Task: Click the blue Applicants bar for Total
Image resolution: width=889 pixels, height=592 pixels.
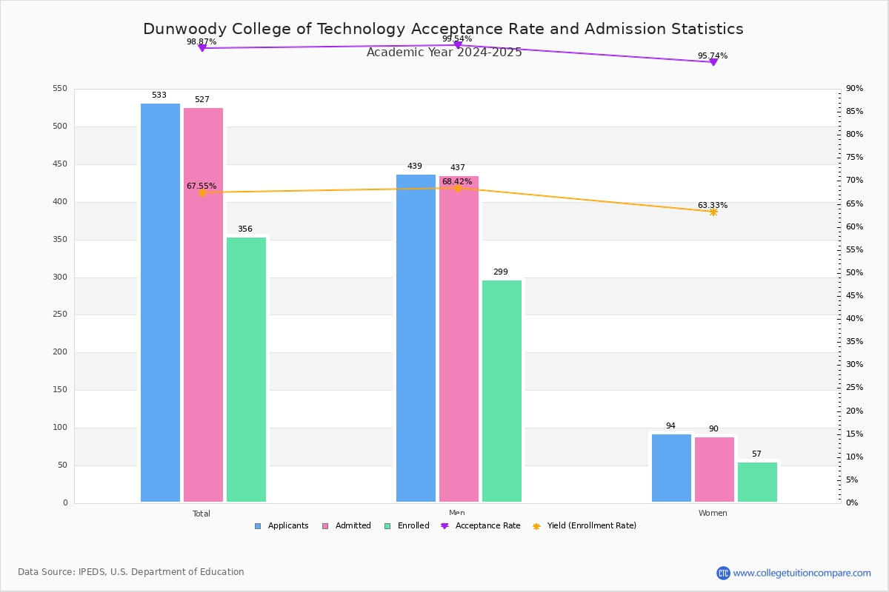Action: [160, 303]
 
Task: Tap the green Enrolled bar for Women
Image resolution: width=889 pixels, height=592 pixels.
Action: [757, 482]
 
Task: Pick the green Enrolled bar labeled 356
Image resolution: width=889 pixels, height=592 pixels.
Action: [246, 369]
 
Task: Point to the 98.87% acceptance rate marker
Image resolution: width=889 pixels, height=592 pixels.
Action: [202, 48]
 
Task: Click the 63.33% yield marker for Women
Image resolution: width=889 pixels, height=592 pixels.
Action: [713, 212]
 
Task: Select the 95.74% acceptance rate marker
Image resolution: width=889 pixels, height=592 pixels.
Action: [713, 62]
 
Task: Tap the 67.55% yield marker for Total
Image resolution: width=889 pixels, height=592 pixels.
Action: [202, 192]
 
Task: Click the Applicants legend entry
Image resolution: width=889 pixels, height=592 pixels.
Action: [282, 526]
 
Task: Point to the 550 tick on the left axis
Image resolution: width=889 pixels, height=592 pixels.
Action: [60, 89]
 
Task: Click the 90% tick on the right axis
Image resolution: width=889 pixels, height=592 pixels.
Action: [854, 89]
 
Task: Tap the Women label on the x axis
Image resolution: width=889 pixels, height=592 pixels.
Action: [713, 514]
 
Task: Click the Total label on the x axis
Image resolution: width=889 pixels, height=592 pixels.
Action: [202, 514]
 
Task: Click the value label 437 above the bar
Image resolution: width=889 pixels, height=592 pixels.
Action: [457, 168]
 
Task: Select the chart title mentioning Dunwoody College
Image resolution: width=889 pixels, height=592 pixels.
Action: [443, 30]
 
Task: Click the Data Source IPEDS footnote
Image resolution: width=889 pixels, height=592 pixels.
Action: [131, 572]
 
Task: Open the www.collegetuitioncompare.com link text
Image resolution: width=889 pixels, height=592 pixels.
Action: [802, 573]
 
